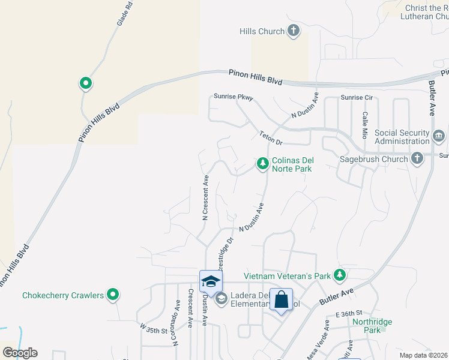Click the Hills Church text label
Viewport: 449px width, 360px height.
(261, 31)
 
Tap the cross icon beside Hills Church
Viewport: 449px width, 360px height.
(294, 31)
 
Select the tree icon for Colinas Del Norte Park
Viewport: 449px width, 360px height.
(262, 163)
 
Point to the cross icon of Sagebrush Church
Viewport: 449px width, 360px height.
(417, 159)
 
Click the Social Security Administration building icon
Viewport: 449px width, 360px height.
(439, 136)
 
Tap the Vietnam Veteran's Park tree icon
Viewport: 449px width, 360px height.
(340, 275)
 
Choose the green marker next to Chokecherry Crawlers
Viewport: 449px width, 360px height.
(112, 295)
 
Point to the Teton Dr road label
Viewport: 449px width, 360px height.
(271, 139)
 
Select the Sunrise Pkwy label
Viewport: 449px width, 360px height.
(234, 97)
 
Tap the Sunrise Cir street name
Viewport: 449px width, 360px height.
(357, 97)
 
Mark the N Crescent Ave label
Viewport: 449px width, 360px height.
(205, 197)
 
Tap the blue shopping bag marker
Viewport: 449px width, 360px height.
(282, 299)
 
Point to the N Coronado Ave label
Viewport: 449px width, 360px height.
(177, 323)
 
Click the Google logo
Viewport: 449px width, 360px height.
(20, 353)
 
